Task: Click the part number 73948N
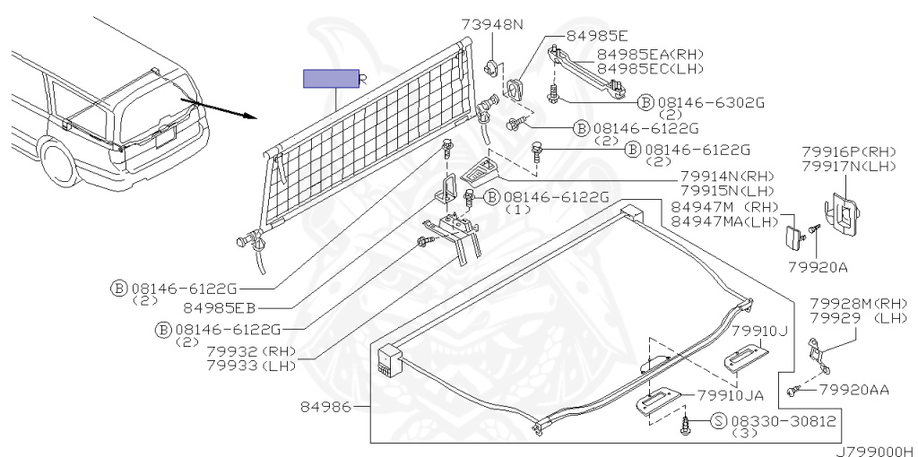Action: click(x=492, y=25)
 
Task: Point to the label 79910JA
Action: click(x=731, y=396)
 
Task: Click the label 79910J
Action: click(x=759, y=331)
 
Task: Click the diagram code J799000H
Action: click(x=874, y=451)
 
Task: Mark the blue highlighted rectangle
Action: click(x=331, y=79)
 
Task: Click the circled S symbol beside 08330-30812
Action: click(x=719, y=419)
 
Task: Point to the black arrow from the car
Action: click(x=223, y=109)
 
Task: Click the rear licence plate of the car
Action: click(x=164, y=138)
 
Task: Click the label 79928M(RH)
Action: click(x=858, y=304)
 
